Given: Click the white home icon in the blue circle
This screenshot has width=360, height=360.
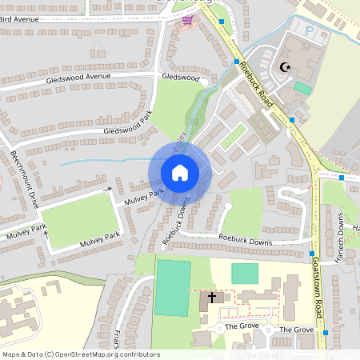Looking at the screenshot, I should click(180, 173).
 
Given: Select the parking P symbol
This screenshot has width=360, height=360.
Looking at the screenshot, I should click(310, 29).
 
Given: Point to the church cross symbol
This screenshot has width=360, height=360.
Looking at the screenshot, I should click(212, 298).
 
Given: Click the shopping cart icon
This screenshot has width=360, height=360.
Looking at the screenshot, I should click(188, 21).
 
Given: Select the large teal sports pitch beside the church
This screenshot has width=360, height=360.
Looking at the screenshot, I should click(173, 287).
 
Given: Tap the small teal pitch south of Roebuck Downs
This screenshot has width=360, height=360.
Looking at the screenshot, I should click(245, 273).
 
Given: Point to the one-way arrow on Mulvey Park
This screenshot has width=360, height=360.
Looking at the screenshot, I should click(109, 191).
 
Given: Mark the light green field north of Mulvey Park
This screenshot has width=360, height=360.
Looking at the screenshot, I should click(78, 220).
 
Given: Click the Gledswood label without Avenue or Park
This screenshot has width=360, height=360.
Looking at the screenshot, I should click(180, 77).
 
